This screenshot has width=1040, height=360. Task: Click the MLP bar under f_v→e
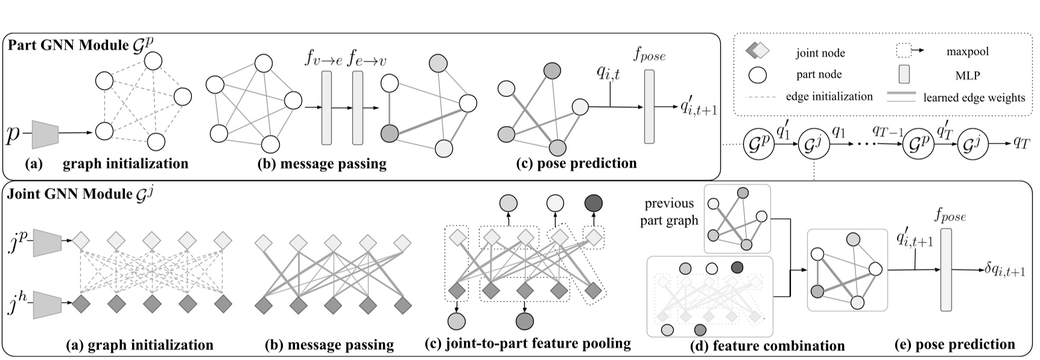click(327, 107)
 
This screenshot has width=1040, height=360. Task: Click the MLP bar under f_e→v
click(358, 107)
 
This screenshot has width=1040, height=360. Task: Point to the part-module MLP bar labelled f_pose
click(649, 106)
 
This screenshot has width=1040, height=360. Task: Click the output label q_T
click(1021, 142)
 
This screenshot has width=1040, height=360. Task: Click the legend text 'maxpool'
click(968, 52)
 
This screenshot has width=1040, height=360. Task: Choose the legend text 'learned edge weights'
click(974, 98)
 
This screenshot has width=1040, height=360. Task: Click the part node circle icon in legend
click(758, 75)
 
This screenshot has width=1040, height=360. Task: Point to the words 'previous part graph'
click(669, 212)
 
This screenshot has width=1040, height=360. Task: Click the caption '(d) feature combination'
click(767, 346)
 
